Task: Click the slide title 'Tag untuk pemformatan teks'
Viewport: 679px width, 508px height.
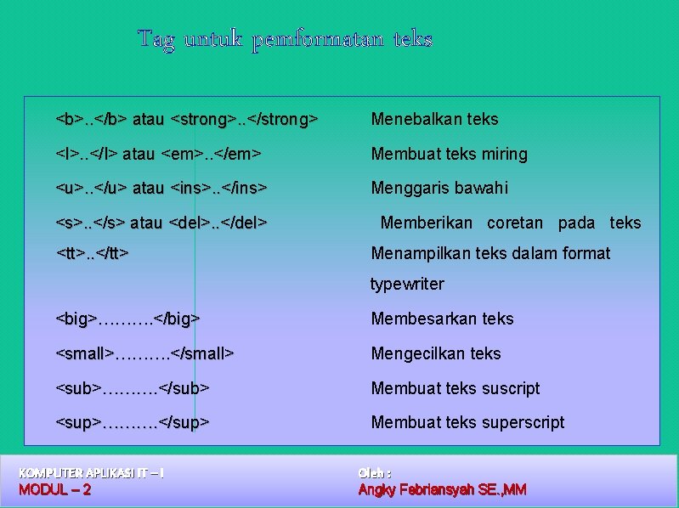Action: click(285, 39)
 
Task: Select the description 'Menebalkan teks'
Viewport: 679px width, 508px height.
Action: click(434, 120)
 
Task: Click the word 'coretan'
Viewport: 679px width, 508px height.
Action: click(514, 223)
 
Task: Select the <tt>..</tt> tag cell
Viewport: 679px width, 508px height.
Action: click(93, 253)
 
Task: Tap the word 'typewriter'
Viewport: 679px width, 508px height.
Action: click(407, 285)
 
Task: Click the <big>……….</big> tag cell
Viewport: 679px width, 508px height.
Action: click(127, 319)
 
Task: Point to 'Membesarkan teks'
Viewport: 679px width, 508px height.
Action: click(442, 319)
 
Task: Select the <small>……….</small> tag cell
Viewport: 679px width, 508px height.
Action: click(144, 354)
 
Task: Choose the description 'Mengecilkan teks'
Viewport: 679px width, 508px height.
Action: click(436, 354)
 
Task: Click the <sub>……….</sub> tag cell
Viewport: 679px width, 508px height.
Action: click(133, 389)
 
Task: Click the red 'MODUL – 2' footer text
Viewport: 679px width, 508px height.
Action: click(54, 490)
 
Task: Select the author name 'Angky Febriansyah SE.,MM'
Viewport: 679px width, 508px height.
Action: click(442, 490)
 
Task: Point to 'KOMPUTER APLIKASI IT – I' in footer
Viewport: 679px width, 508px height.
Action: click(91, 472)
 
